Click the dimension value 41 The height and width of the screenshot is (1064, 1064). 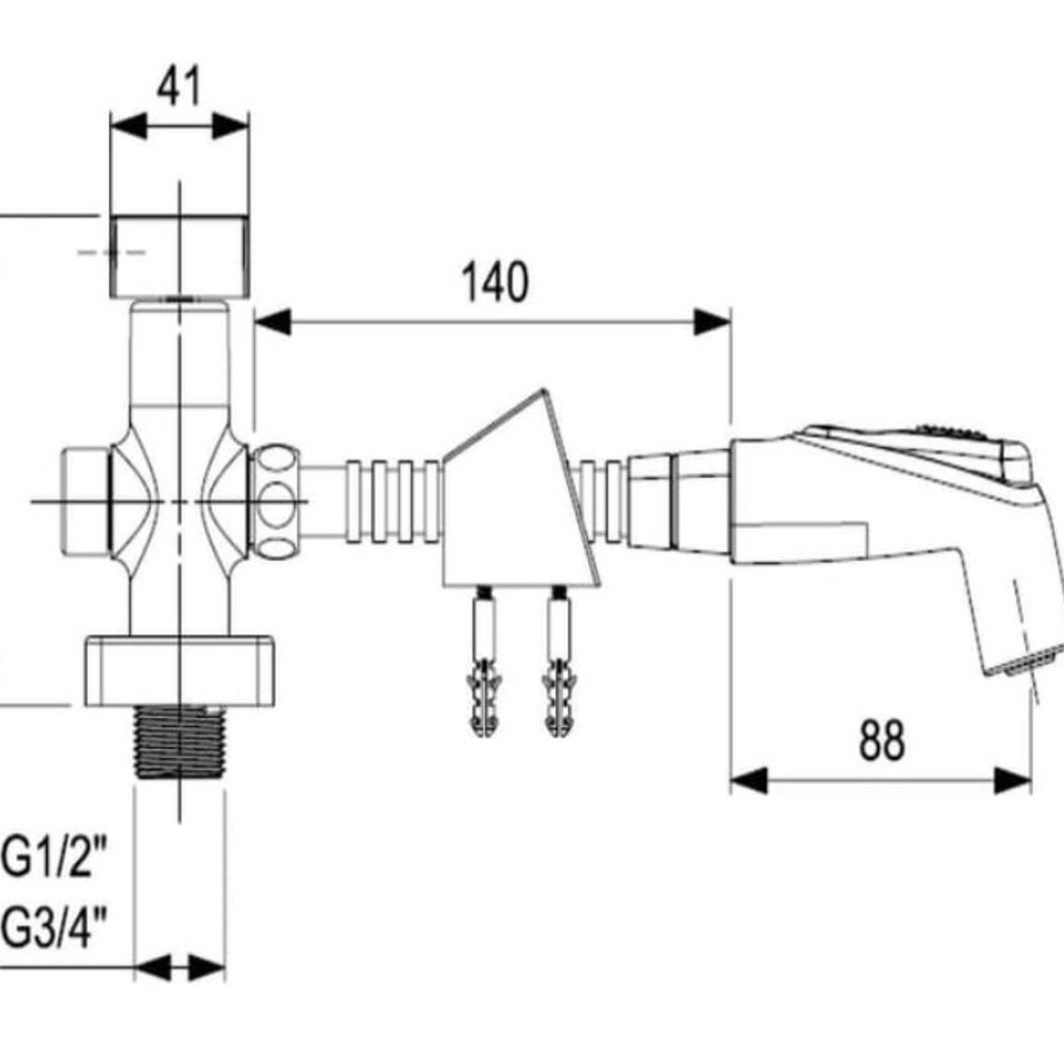(x=179, y=86)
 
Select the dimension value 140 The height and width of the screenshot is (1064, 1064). (x=495, y=282)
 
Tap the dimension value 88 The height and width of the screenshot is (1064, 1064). (x=881, y=740)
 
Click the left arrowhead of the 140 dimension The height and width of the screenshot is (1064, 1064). (x=273, y=322)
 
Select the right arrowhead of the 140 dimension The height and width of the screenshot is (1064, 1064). (x=712, y=322)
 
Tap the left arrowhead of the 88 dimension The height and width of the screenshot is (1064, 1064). (x=748, y=781)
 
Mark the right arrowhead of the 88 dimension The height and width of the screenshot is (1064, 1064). (x=1013, y=781)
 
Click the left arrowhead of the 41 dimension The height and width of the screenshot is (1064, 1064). (x=129, y=126)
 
